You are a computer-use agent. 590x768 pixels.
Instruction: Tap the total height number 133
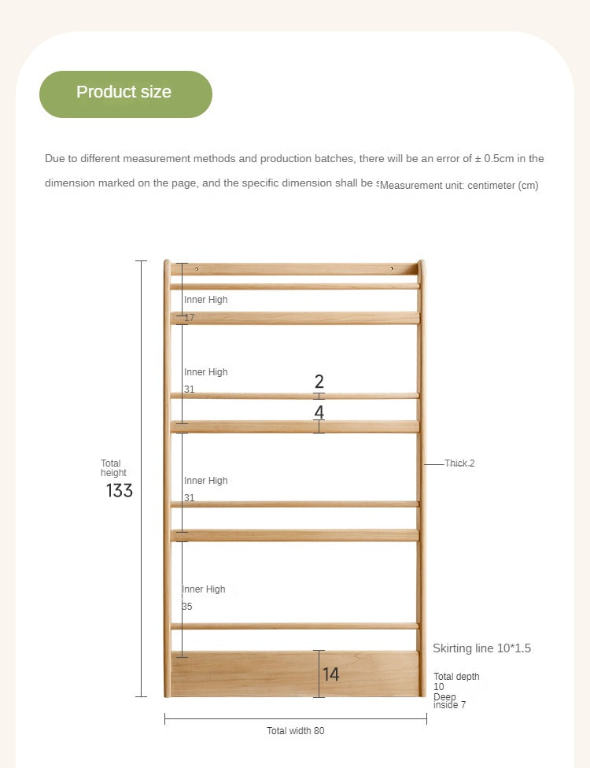coord(120,491)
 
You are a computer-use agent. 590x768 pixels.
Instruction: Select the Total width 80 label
coord(295,731)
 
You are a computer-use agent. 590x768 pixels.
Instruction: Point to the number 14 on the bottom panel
coord(331,674)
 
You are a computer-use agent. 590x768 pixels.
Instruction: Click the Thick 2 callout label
coord(459,463)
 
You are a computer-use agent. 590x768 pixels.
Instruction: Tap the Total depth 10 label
coord(456,681)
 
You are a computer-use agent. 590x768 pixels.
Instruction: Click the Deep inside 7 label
coord(450,700)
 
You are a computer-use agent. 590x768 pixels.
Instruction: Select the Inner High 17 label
coord(205,308)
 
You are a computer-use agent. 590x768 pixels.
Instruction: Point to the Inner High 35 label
coord(204,597)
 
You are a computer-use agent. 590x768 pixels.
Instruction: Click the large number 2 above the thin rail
coord(319,382)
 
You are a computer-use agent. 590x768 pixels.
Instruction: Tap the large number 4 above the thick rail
coord(319,412)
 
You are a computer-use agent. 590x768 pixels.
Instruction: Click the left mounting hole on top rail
coord(197,269)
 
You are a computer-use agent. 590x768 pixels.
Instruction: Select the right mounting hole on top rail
coord(391,269)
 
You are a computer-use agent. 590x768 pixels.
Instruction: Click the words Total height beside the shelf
coord(113,468)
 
